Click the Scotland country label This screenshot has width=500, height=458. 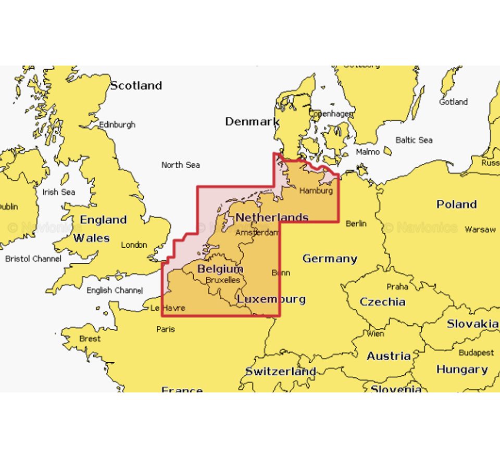[136, 86]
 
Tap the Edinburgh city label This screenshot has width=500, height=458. [117, 125]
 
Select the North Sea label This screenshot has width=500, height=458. [180, 165]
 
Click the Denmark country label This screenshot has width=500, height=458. [252, 122]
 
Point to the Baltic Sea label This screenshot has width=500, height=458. [414, 140]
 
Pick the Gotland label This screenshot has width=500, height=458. [453, 102]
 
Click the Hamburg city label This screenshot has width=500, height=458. [316, 191]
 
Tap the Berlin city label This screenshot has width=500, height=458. [356, 224]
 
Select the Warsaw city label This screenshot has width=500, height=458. [480, 229]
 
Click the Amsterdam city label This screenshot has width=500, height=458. [257, 233]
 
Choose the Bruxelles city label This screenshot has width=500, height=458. [223, 280]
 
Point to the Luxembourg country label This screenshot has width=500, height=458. [271, 299]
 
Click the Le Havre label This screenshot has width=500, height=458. [168, 308]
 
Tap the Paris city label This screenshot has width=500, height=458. [166, 329]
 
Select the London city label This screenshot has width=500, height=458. [134, 245]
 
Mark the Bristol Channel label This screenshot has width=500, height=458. [33, 259]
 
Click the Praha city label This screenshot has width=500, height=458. [397, 287]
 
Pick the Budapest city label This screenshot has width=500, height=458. [476, 353]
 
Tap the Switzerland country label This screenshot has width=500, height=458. [281, 372]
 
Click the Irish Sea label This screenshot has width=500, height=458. [58, 192]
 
